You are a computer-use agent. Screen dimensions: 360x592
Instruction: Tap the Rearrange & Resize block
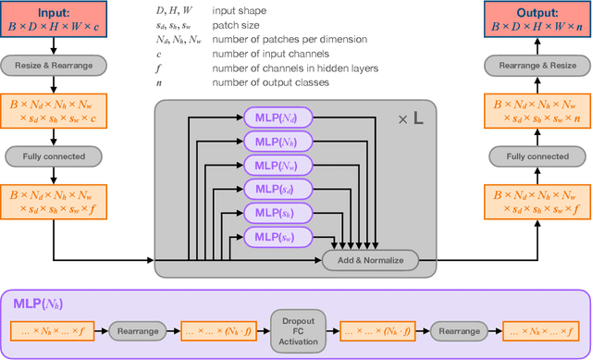click(537, 66)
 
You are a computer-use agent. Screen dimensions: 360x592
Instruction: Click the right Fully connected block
click(537, 155)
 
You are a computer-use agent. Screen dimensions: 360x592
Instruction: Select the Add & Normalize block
click(370, 260)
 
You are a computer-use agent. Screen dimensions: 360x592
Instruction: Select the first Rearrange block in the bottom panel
click(138, 329)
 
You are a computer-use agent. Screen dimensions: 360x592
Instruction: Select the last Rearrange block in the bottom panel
click(460, 329)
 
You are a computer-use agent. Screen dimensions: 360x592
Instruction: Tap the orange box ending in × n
click(537, 111)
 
